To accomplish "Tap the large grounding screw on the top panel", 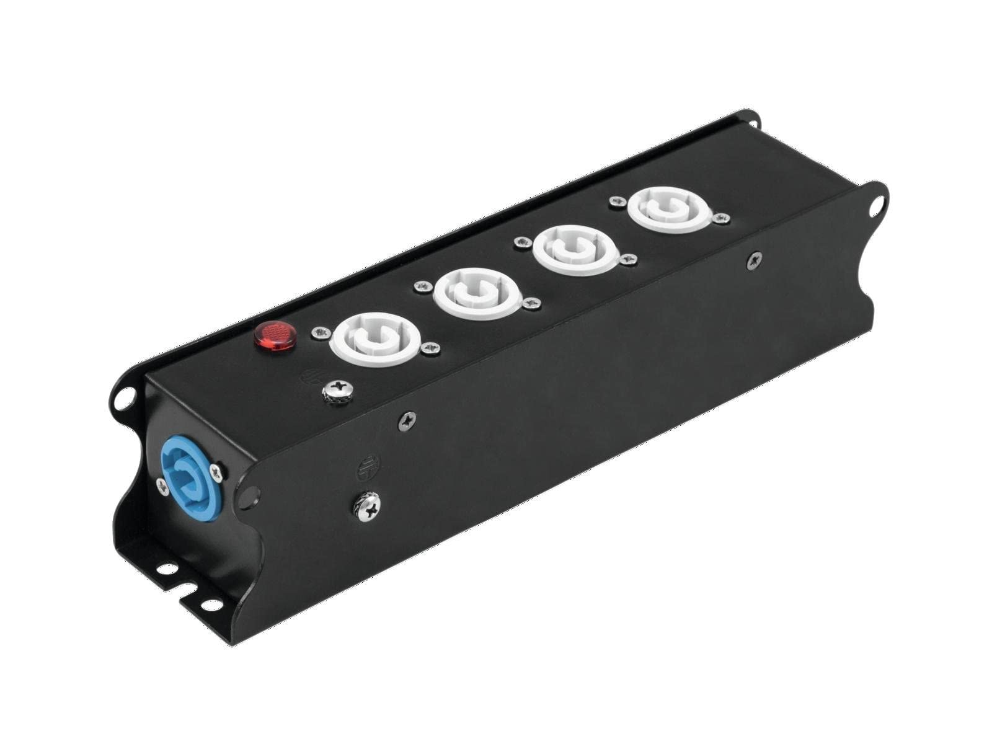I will tap(339, 389).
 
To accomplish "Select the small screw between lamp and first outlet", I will tap(320, 334).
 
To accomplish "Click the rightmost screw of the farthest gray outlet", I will tap(721, 218).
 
